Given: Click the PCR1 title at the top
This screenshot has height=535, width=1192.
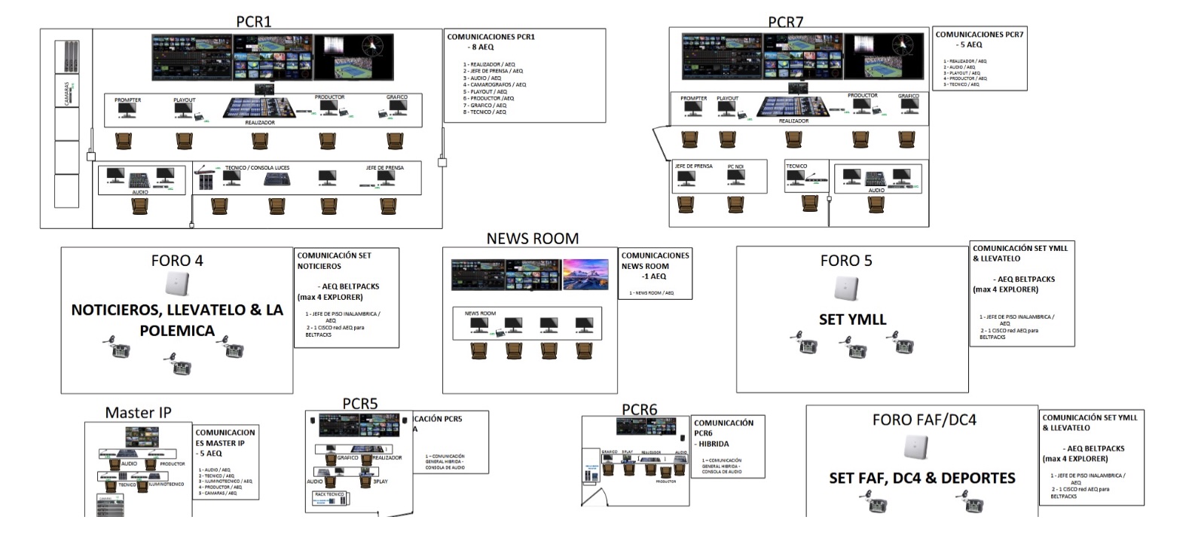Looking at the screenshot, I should tap(253, 21).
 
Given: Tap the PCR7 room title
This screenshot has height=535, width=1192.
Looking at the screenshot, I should tap(785, 22).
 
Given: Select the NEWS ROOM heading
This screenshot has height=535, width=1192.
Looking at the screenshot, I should tap(532, 238).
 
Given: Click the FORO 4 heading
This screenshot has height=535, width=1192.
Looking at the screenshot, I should tap(177, 261).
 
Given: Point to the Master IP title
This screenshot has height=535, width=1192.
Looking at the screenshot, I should tap(138, 412).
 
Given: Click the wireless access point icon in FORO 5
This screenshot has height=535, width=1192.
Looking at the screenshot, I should tap(846, 288).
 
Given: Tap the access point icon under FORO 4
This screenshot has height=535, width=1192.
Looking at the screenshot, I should tap(177, 285).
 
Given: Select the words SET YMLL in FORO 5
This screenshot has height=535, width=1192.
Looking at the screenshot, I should tap(852, 319).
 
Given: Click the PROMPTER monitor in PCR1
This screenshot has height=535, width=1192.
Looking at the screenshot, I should tap(127, 110).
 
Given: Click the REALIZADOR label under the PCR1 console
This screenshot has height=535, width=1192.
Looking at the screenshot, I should tap(260, 122).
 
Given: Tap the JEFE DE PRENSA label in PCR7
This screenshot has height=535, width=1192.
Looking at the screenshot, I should tap(693, 166).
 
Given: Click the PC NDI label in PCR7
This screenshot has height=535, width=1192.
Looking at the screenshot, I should tap(735, 166).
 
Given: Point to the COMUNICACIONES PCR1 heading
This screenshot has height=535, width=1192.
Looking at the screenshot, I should tap(491, 36).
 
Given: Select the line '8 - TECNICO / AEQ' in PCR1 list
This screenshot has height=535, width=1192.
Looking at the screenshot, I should tap(485, 112).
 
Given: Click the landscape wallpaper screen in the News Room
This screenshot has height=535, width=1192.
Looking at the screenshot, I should tap(585, 274).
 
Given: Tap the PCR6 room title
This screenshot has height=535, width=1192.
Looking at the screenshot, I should tap(639, 409).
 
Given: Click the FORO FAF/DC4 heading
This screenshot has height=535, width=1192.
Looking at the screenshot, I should tap(924, 420).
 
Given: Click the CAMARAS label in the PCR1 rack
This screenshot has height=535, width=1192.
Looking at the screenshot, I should tap(67, 93).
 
